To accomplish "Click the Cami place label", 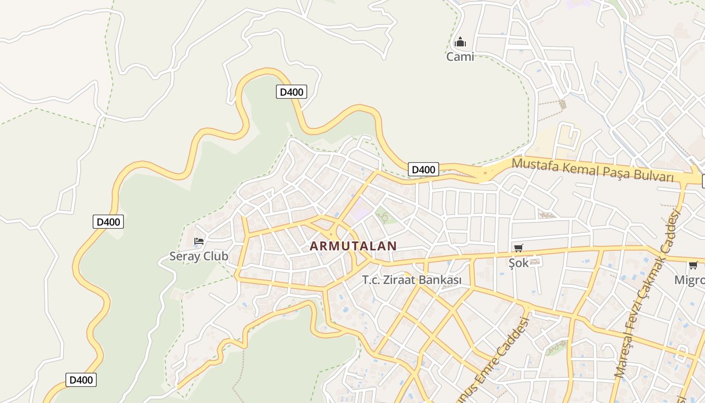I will (460, 56).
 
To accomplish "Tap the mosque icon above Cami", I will (460, 42).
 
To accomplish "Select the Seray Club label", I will (198, 256).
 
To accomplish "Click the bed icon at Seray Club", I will (199, 241).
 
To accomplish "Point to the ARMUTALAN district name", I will (353, 246).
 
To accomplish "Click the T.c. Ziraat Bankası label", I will (412, 280).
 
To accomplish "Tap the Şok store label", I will (518, 262).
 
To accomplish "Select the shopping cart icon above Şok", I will (518, 248).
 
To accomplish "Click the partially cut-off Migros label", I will (689, 280).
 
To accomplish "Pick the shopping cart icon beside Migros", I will (693, 265).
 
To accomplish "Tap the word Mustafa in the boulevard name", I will (535, 165).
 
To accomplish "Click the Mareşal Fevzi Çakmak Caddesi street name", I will (647, 295).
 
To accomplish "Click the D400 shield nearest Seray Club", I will (108, 222).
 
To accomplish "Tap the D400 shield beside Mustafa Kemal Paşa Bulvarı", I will (423, 169).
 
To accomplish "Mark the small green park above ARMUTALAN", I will (385, 216).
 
